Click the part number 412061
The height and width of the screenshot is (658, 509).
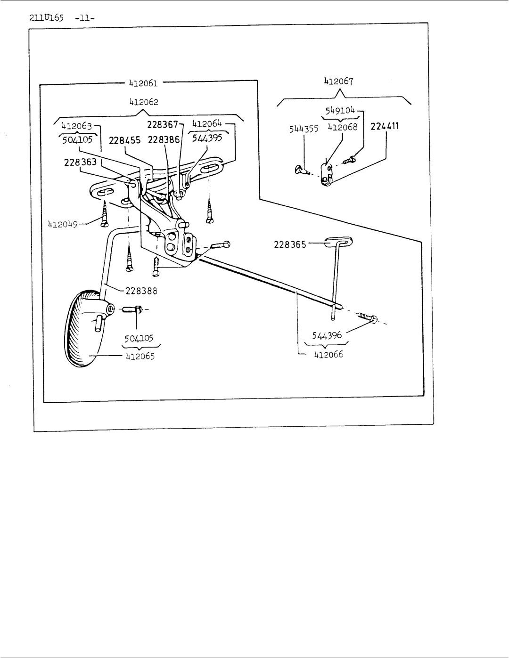coord(143,83)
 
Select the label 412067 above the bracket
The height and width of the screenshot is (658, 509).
coord(339,81)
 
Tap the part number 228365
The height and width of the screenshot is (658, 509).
coord(290,244)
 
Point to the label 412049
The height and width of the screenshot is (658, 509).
coord(63,224)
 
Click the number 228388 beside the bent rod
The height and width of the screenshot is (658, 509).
coord(141,291)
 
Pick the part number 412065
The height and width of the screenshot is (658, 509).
coord(140,356)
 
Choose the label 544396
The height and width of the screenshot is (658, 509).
coord(327,335)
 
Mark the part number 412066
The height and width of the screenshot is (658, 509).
coord(329,354)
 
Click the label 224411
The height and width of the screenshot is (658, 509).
coord(384,126)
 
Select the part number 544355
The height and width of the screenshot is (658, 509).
coord(304,129)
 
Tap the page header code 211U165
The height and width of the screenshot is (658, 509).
coord(46,18)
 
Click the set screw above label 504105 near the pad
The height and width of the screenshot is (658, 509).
coord(133,309)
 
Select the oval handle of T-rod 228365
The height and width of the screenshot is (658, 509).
coord(338,242)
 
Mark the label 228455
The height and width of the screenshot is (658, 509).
coord(124,140)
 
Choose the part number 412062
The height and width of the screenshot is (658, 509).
coord(144,102)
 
